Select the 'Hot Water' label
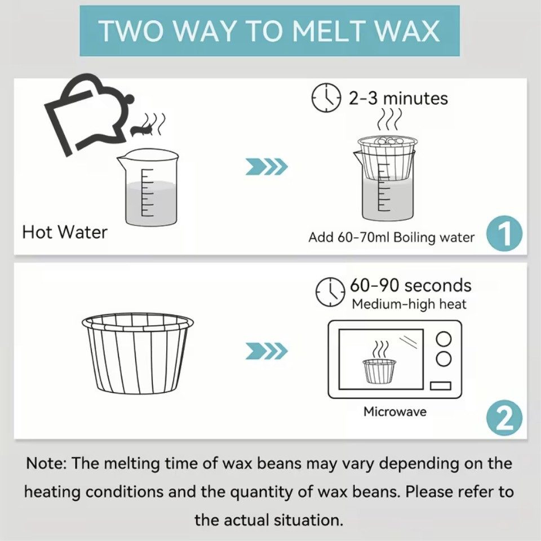[64, 232]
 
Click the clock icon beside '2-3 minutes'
[326, 97]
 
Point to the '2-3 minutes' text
[398, 98]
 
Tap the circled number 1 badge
[504, 233]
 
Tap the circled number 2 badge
[504, 418]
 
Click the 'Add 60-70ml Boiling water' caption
[392, 237]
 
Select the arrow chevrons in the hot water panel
[267, 167]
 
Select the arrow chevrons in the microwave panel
[267, 351]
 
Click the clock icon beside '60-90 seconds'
[331, 291]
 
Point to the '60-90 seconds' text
[411, 285]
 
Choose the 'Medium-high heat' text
[409, 304]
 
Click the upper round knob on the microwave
[444, 338]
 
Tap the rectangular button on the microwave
[441, 385]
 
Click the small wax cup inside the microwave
[379, 371]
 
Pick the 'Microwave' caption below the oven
[395, 411]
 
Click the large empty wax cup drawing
[138, 354]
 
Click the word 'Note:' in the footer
[46, 463]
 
